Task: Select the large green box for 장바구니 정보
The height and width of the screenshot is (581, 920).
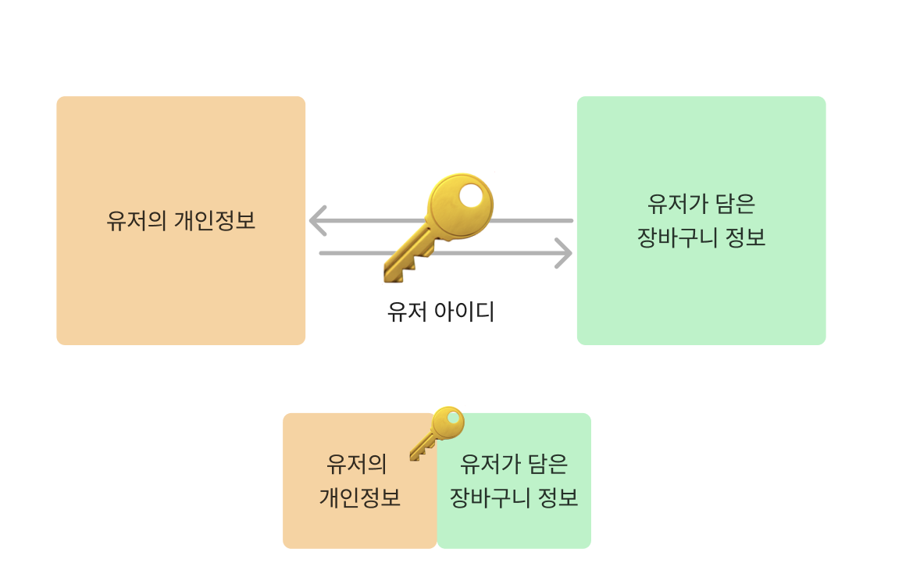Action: coord(701,297)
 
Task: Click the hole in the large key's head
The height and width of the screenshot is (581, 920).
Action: coord(472,197)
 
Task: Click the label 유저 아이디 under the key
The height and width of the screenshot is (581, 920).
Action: coord(440,312)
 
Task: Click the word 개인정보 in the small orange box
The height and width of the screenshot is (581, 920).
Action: coord(359,498)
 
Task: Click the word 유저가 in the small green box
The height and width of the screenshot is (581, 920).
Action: coord(488,465)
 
